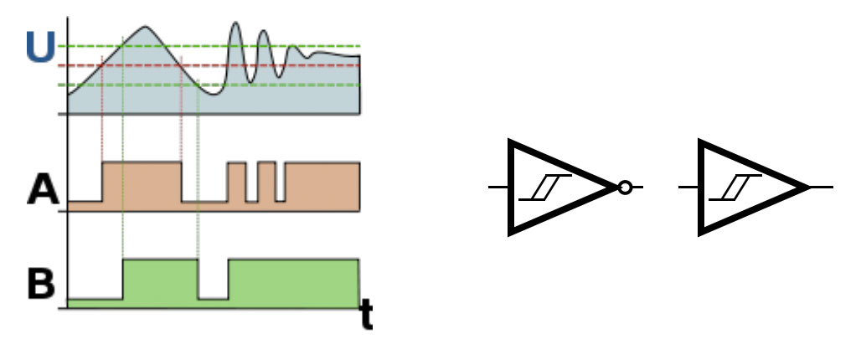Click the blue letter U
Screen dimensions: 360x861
click(40, 49)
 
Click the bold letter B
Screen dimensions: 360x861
click(41, 285)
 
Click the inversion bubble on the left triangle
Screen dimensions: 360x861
click(624, 188)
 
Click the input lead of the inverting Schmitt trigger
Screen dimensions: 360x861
click(498, 188)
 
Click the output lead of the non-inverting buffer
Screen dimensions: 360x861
click(822, 188)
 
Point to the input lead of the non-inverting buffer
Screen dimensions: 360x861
click(688, 188)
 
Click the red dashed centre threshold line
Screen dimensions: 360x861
click(335, 64)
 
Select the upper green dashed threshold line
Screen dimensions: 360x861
click(335, 46)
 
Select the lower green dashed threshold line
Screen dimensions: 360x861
click(335, 85)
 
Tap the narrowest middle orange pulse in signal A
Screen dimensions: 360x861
click(266, 183)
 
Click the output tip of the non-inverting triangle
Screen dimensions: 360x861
click(807, 188)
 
